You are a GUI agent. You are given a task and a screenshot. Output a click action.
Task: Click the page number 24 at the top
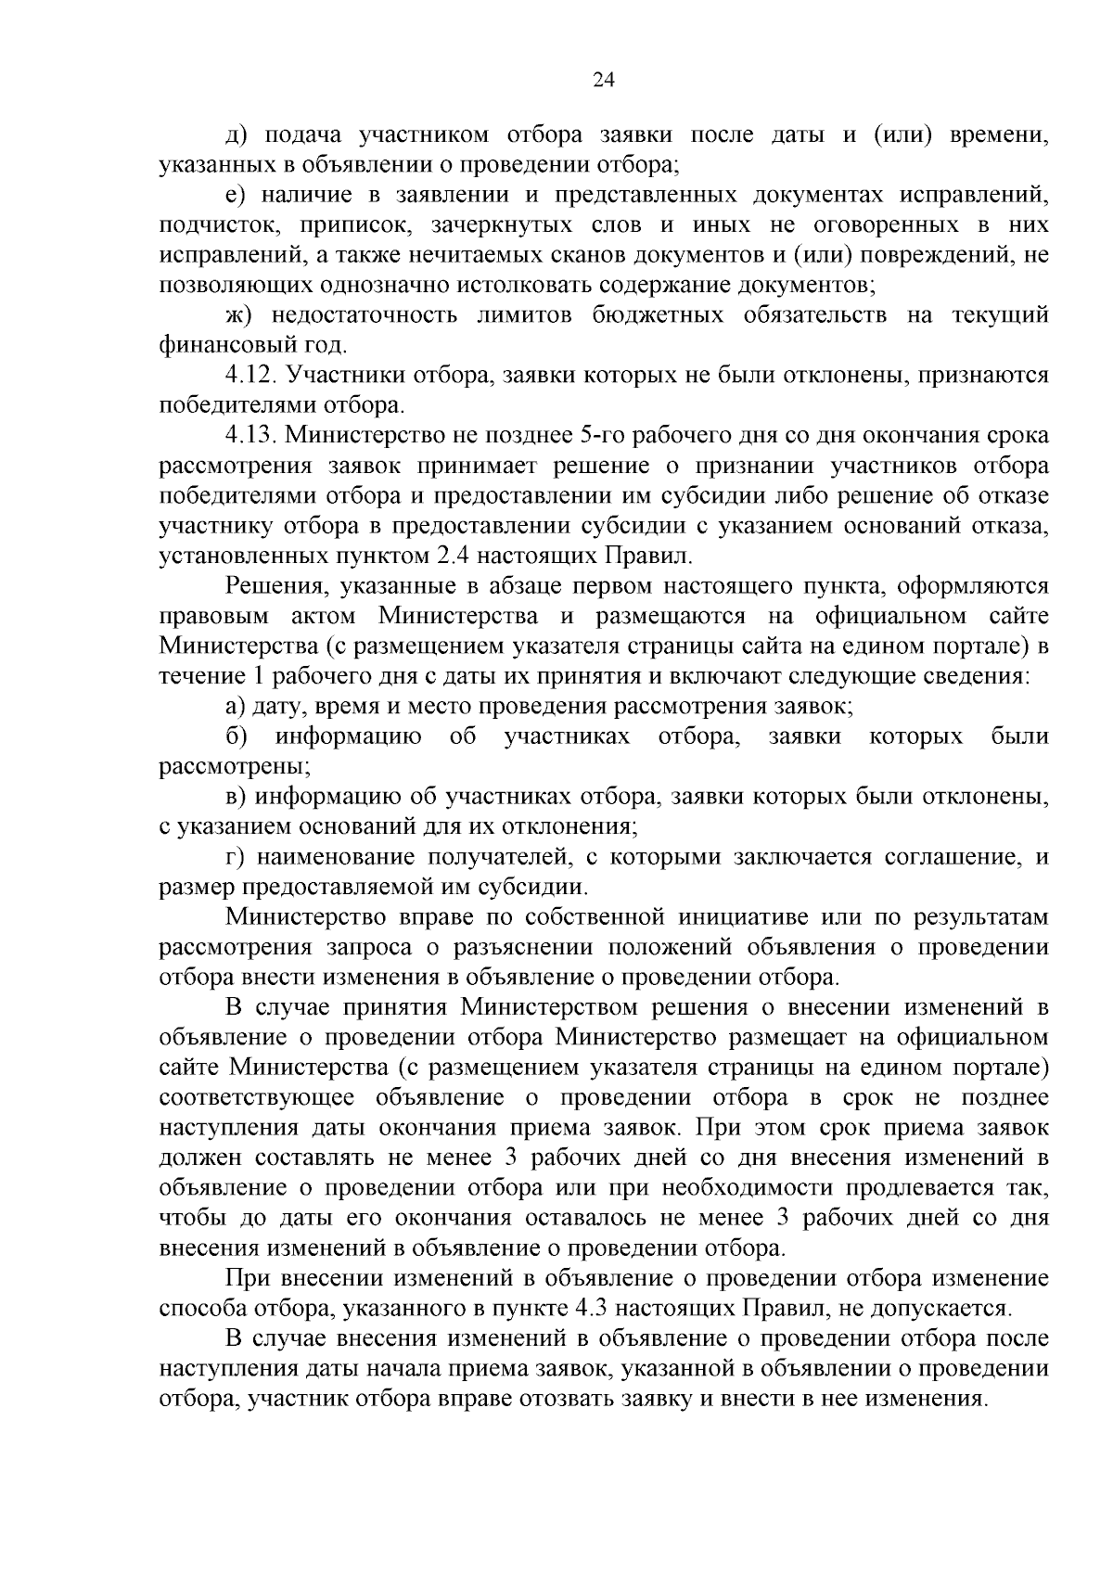[x=603, y=81]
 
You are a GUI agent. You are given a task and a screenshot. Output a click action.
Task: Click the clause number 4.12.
[x=249, y=375]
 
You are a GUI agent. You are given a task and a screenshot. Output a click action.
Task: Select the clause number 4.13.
[x=249, y=435]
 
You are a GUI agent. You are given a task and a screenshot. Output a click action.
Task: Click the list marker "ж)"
[x=239, y=314]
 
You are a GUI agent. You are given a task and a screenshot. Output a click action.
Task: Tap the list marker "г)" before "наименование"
[x=237, y=856]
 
